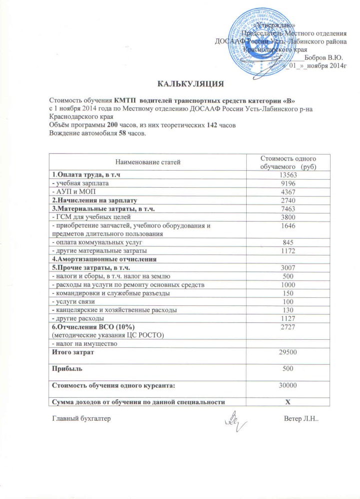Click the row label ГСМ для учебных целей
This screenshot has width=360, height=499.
click(91, 217)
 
